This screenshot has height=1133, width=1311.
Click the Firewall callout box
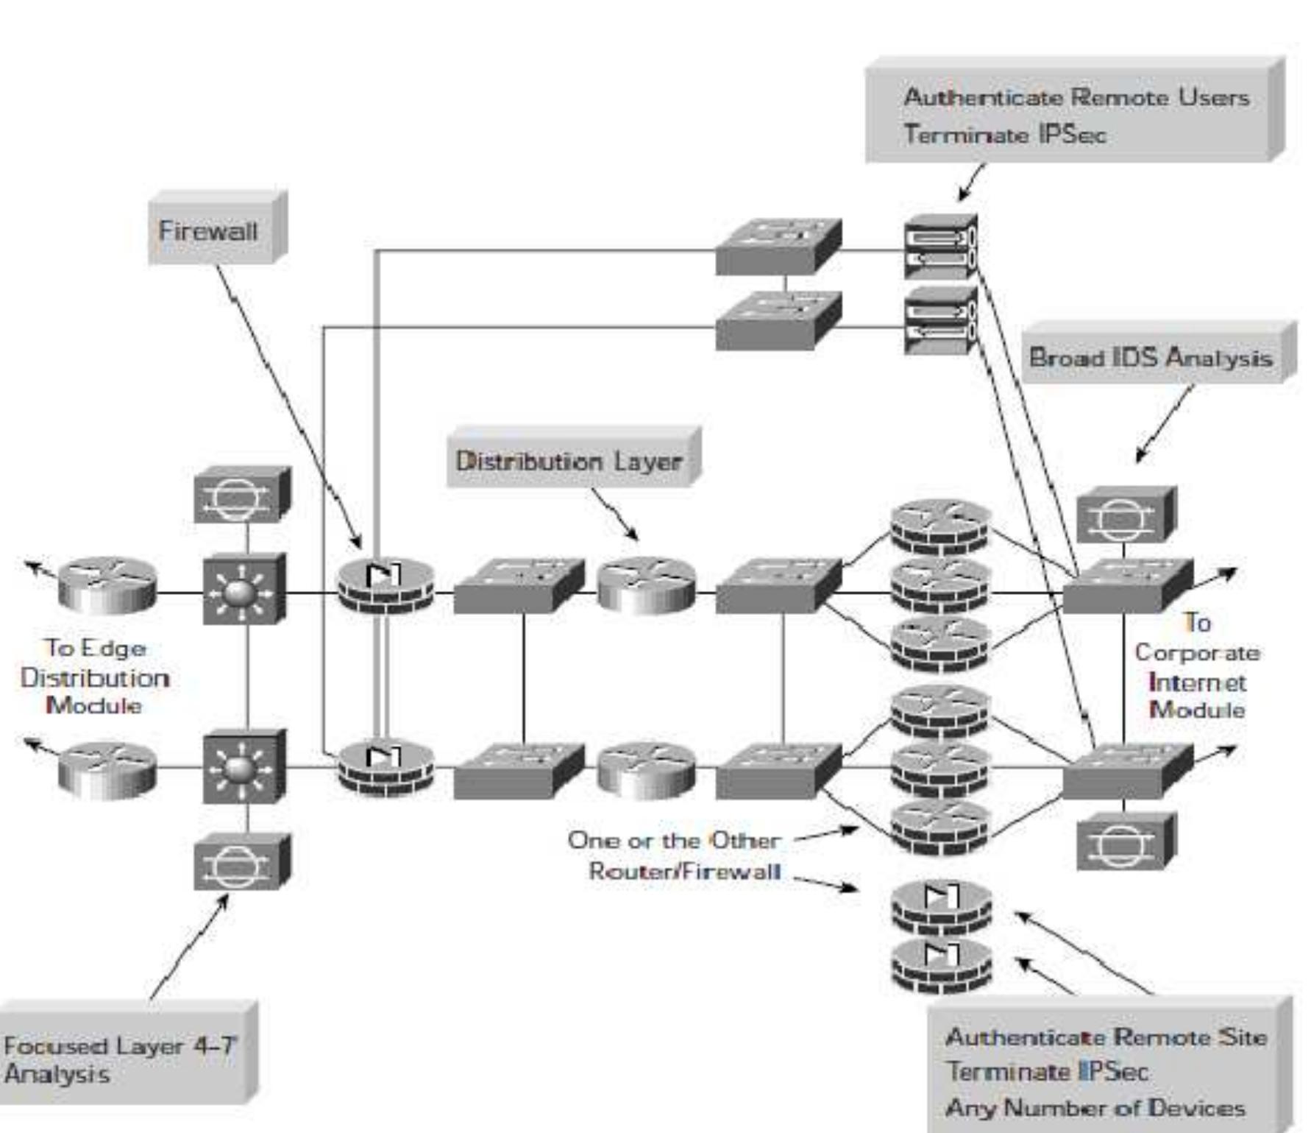tap(210, 231)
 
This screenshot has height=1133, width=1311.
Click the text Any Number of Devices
tap(1095, 1107)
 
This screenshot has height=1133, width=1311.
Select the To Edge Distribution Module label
tap(95, 677)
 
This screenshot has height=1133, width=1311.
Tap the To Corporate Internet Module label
tap(1197, 667)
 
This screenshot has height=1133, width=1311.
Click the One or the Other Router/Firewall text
tap(675, 855)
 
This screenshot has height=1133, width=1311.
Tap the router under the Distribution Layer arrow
tap(646, 586)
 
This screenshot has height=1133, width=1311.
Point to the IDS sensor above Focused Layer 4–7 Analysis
tap(240, 861)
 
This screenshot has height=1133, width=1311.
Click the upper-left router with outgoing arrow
tap(107, 585)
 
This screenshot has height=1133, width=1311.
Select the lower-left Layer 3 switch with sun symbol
tap(243, 767)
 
